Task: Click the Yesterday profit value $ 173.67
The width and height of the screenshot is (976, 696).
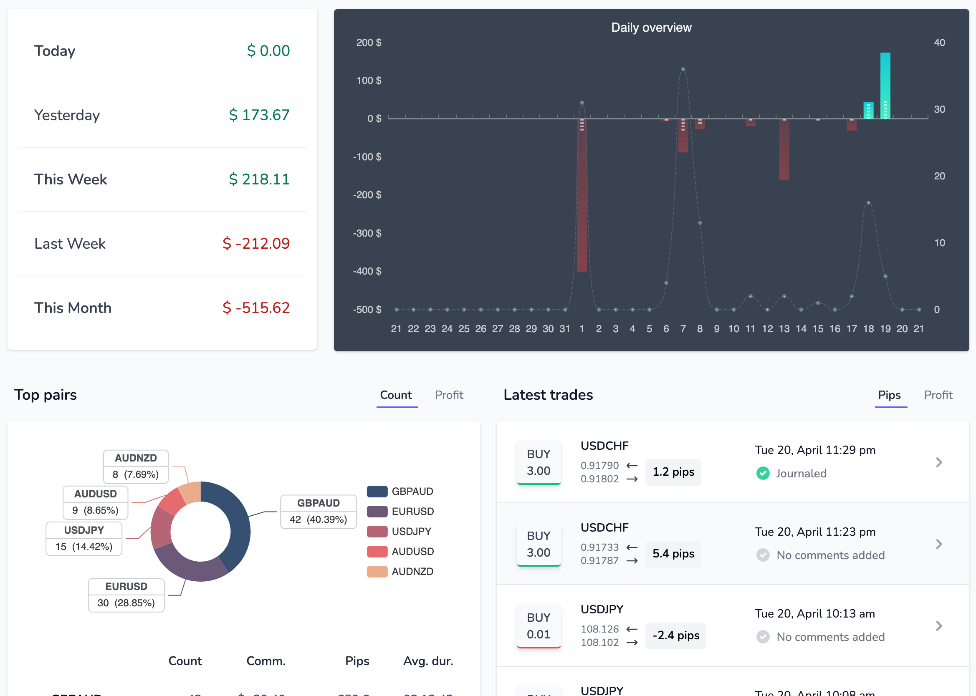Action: (259, 115)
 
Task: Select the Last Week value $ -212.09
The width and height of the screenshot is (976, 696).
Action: (256, 243)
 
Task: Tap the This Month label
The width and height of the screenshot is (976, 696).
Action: (73, 308)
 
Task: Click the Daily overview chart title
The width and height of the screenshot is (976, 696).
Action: (651, 28)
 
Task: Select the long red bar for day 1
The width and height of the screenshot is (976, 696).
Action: (582, 197)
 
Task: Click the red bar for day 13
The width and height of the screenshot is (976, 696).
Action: (784, 150)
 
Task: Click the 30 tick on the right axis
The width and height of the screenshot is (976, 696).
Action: (939, 109)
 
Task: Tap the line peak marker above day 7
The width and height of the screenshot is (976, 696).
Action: (683, 69)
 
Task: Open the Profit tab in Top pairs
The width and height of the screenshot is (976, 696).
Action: (449, 395)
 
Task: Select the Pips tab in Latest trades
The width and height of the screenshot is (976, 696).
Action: (889, 395)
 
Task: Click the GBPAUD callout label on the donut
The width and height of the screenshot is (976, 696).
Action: (318, 511)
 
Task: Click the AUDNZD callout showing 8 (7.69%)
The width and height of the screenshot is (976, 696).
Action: (135, 466)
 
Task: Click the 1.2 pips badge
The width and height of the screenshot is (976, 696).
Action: (673, 472)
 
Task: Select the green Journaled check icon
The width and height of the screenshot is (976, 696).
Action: (763, 473)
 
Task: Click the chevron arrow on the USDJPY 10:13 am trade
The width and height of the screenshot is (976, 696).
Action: (939, 626)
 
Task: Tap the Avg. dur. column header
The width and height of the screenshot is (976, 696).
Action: (428, 661)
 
